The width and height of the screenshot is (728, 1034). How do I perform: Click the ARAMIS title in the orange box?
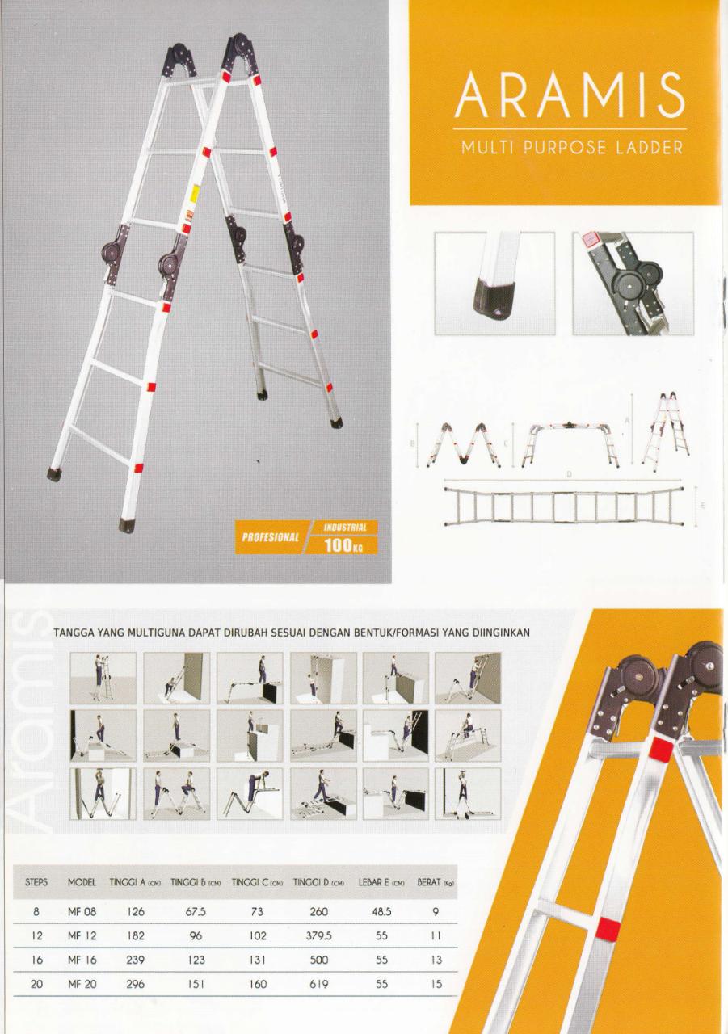click(x=570, y=95)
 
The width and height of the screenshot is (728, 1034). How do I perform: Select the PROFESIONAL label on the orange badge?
click(x=271, y=537)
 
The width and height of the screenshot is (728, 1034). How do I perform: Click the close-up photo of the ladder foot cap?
click(x=494, y=284)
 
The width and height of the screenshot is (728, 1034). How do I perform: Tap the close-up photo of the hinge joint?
click(x=633, y=284)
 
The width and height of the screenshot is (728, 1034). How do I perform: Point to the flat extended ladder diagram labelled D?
click(x=564, y=506)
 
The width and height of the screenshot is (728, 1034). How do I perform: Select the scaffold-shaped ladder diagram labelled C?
click(x=570, y=444)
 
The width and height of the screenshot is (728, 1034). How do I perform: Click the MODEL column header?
click(x=82, y=882)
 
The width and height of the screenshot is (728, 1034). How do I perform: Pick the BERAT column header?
click(x=436, y=882)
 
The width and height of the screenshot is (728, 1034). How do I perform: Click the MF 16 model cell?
click(x=82, y=960)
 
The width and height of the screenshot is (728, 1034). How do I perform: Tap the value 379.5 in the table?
click(x=318, y=935)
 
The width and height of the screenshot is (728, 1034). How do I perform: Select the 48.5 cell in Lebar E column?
click(x=381, y=912)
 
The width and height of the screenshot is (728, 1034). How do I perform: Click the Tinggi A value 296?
click(x=135, y=984)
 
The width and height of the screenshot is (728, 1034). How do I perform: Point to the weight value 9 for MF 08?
click(x=436, y=912)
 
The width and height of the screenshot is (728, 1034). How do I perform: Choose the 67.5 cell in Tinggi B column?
click(x=196, y=912)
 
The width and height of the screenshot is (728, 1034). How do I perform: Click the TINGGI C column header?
click(x=257, y=882)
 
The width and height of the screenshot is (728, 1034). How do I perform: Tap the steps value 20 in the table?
click(x=36, y=984)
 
